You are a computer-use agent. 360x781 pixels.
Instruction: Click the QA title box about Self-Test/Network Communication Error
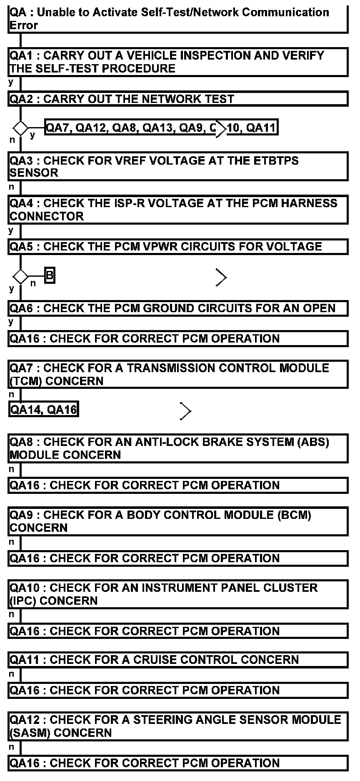(177, 19)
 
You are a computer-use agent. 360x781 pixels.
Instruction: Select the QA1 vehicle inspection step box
(177, 62)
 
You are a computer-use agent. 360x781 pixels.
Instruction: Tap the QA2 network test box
(177, 99)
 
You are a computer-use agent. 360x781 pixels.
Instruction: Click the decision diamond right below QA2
(20, 128)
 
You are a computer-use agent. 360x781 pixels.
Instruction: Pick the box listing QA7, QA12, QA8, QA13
(161, 128)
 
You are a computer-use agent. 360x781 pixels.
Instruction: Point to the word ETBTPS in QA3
(275, 161)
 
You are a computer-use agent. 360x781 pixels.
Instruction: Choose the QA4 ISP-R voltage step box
(177, 210)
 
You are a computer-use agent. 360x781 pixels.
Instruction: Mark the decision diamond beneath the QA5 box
(20, 276)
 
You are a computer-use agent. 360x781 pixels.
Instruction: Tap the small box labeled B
(50, 276)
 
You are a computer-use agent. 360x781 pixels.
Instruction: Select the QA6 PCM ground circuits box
(177, 308)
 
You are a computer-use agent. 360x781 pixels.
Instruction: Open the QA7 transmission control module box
(177, 375)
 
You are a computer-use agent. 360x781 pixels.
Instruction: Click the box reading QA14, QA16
(44, 410)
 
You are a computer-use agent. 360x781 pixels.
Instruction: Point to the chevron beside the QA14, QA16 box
(185, 411)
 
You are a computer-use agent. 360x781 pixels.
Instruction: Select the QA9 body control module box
(177, 521)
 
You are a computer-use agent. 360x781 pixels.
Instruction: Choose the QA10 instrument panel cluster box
(177, 594)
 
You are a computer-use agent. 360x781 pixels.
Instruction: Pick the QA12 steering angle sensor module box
(177, 726)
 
